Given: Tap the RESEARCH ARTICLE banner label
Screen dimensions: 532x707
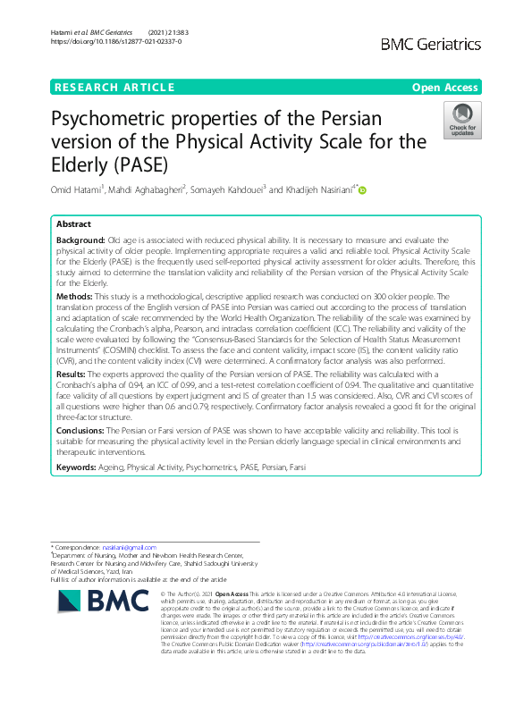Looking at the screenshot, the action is pyautogui.click(x=114, y=88).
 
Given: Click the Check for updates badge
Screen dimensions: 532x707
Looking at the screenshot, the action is pyautogui.click(x=463, y=122).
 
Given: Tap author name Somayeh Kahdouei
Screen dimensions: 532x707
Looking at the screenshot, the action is pyautogui.click(x=232, y=189).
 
